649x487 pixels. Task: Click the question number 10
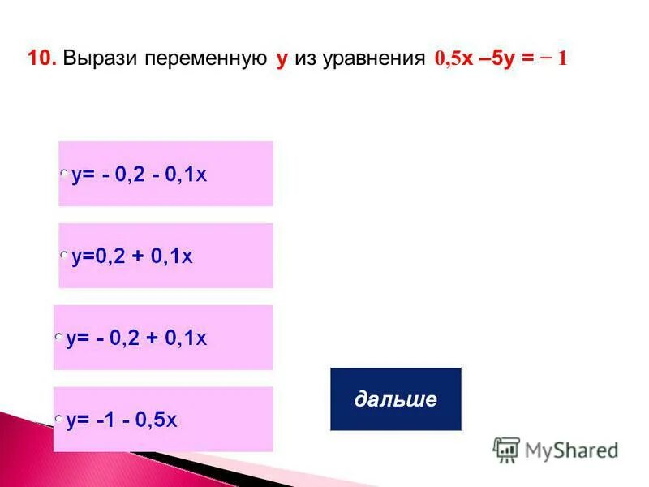[40, 59]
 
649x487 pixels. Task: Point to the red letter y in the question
[282, 60]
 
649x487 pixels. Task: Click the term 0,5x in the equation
[454, 59]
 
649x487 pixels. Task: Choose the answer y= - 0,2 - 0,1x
[140, 175]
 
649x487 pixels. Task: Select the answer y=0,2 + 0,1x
[132, 256]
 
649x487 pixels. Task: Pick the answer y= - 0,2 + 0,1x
[137, 338]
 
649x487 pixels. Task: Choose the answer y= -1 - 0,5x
[122, 420]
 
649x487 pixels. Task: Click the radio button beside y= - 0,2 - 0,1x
[64, 174]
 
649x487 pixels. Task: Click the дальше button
[395, 399]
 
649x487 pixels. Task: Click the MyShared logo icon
[506, 450]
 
